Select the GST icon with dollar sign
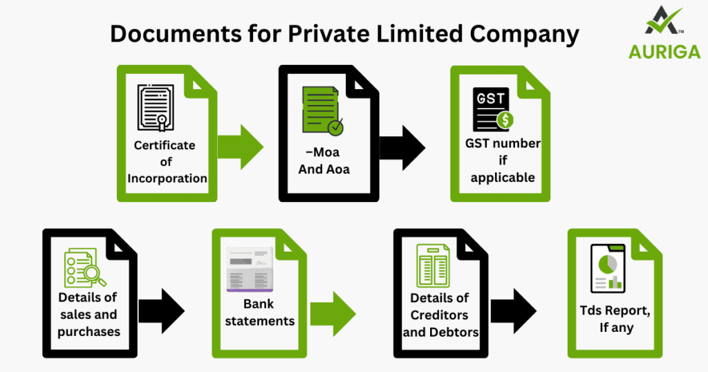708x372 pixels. (x=492, y=109)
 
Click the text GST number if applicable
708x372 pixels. (x=503, y=160)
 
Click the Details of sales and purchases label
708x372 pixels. (x=88, y=315)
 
